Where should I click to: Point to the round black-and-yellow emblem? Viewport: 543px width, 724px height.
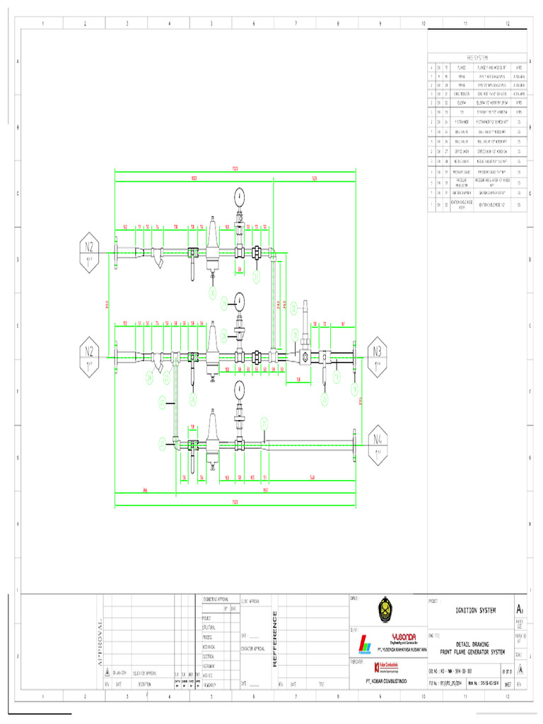(x=384, y=609)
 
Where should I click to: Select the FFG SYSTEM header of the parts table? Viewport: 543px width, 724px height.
(x=477, y=59)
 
